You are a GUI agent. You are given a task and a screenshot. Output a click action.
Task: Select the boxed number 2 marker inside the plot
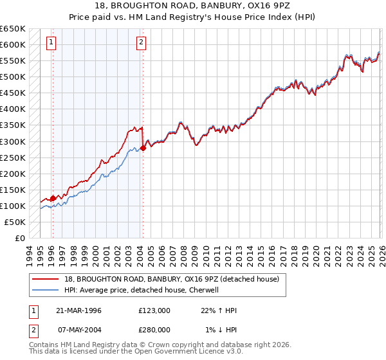[x=141, y=43]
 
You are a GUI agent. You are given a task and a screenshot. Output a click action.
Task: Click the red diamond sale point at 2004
[x=143, y=148]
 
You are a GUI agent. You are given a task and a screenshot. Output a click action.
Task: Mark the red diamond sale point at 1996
[x=53, y=198]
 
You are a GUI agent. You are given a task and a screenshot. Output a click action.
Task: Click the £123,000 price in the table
[x=154, y=310]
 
